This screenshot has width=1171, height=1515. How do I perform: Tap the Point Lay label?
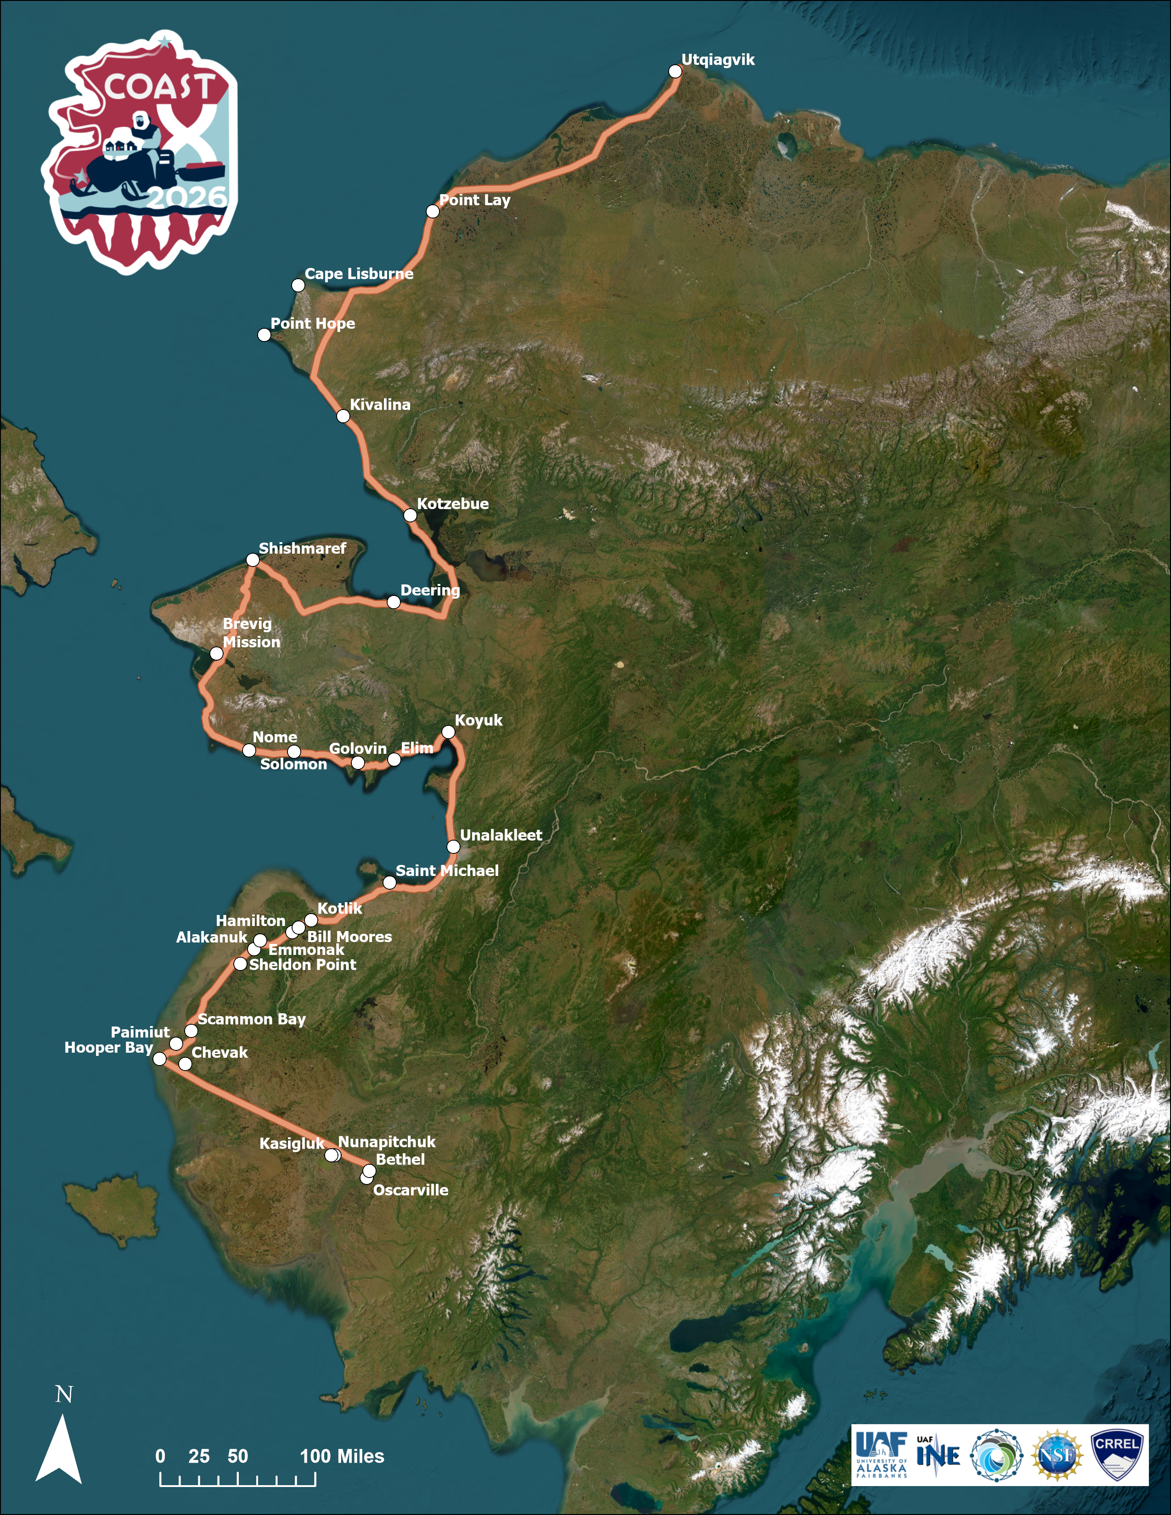(474, 201)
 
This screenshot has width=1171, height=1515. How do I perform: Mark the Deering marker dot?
(394, 602)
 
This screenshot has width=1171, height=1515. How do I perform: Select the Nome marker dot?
(249, 750)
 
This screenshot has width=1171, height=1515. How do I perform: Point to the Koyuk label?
(479, 720)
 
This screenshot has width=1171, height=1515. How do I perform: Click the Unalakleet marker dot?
(453, 846)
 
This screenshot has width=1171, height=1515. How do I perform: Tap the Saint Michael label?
(447, 870)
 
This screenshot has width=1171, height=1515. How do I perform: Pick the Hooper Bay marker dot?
(159, 1059)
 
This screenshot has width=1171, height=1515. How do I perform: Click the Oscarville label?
(411, 1190)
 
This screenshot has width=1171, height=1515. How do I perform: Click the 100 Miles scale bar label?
(342, 1456)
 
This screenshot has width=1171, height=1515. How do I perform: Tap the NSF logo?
(1057, 1455)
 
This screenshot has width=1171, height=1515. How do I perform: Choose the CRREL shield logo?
(1116, 1455)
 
